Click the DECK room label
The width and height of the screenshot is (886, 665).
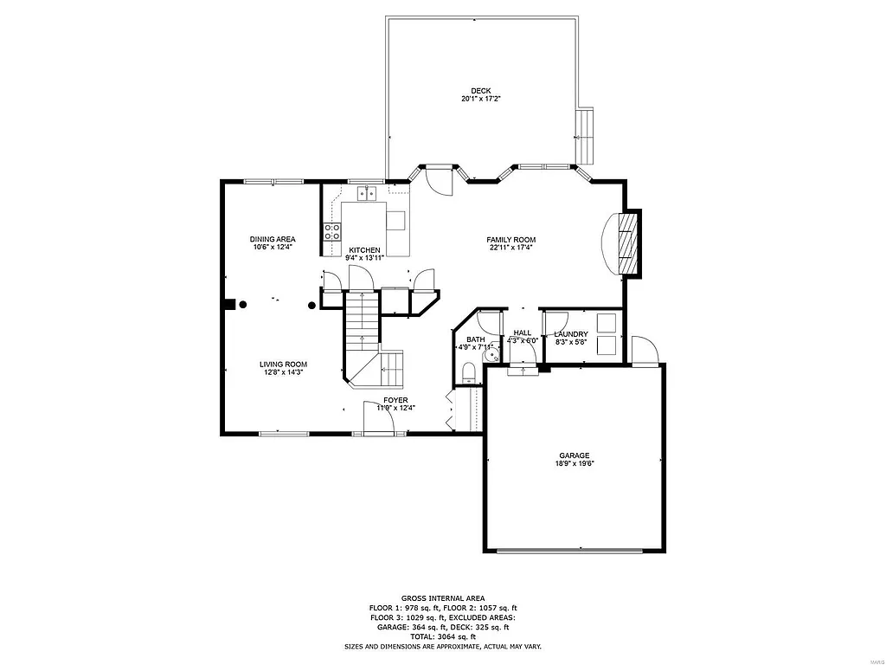pos(481,91)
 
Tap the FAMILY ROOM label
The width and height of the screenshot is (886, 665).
pos(510,240)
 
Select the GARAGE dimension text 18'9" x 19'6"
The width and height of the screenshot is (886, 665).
pos(574,464)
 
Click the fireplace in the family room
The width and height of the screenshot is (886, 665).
pos(629,243)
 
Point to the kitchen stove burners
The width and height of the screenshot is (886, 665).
pos(331,231)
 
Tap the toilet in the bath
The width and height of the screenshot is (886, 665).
pos(468,372)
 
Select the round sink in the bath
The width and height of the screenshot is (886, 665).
pos(490,352)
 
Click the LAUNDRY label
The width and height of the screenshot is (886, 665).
pos(571,334)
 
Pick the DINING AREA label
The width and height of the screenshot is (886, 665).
pos(273,239)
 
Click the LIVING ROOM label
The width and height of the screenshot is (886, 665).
pos(283,365)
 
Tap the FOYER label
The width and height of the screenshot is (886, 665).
pos(395,400)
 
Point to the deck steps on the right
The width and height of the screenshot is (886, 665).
pos(587,136)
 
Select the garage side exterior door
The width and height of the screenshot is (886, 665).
pos(645,350)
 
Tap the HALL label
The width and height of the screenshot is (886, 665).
pos(523,332)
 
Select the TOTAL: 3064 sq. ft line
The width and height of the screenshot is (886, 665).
pos(442,636)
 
